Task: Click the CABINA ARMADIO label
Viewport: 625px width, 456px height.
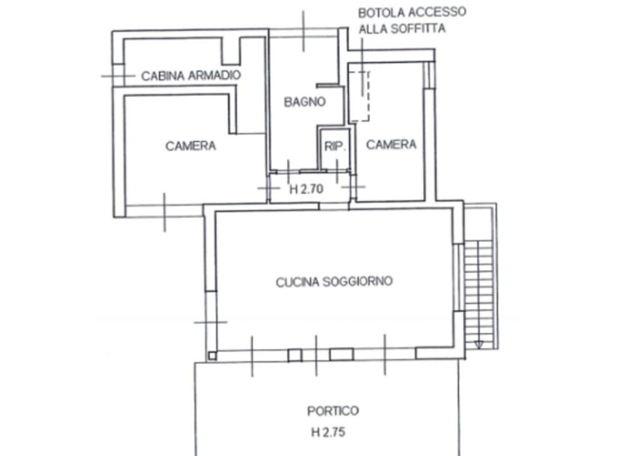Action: click(x=191, y=76)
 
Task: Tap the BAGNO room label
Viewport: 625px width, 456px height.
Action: click(x=304, y=102)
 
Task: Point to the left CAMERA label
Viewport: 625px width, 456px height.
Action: click(x=190, y=147)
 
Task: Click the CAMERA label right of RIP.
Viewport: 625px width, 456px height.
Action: click(x=391, y=145)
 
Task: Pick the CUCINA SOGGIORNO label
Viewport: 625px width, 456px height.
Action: click(x=334, y=282)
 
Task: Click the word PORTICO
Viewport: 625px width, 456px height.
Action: click(x=332, y=411)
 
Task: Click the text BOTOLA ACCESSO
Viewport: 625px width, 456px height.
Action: click(x=413, y=12)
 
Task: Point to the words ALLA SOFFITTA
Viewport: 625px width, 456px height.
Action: click(x=404, y=28)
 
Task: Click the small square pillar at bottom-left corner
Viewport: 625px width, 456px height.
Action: click(x=212, y=355)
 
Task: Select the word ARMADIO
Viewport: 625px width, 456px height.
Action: click(x=216, y=76)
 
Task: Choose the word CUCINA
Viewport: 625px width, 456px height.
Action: click(x=295, y=282)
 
